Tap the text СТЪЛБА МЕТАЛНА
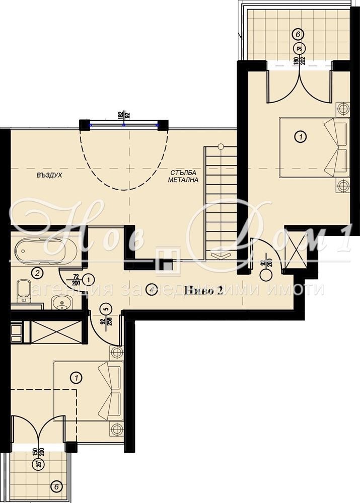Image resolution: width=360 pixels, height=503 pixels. tap(184, 176)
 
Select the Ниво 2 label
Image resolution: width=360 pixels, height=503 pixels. tap(204, 290)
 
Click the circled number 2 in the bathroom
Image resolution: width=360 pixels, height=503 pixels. tap(36, 273)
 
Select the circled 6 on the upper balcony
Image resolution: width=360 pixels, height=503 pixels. tap(298, 34)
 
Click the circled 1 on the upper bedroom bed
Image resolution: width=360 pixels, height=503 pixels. tap(301, 136)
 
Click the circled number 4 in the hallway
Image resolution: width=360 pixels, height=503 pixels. tap(150, 289)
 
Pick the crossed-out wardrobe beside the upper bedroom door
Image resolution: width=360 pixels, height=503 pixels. tap(295, 249)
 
